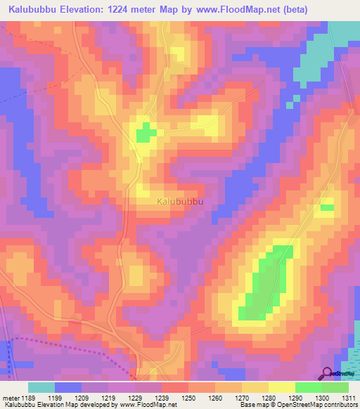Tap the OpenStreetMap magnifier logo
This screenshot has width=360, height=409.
[328, 375]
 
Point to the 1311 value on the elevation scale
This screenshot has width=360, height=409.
[347, 398]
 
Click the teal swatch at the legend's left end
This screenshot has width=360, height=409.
[41, 387]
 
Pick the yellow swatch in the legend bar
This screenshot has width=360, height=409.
[282, 387]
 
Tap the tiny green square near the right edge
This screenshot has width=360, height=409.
[327, 207]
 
